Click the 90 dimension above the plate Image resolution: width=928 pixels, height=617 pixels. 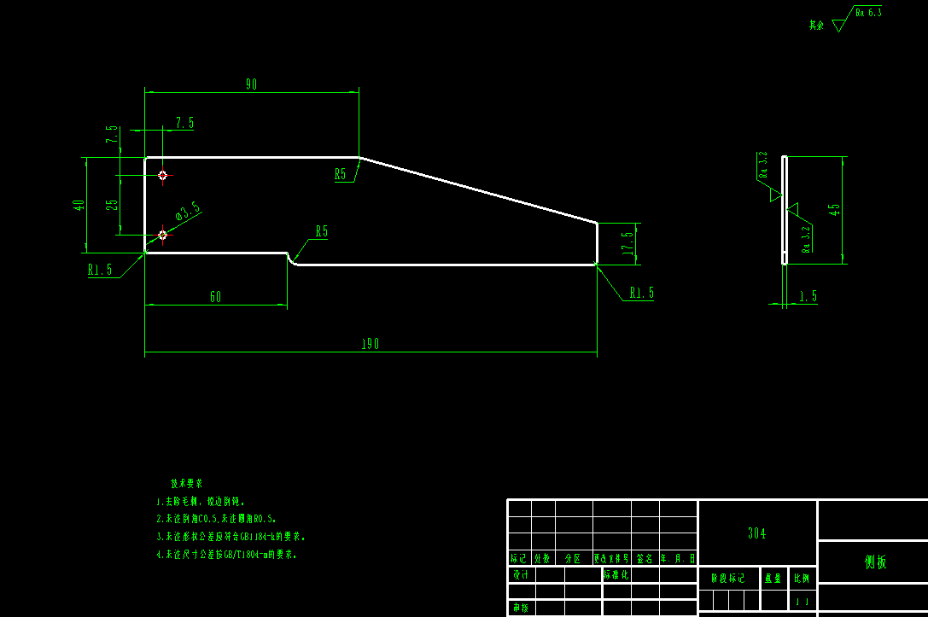pos(251,84)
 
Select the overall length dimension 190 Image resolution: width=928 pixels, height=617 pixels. pos(370,344)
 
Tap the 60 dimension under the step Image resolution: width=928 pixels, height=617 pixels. pos(215,297)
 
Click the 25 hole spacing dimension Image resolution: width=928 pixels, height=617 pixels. pos(112,205)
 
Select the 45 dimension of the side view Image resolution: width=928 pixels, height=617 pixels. pos(835,208)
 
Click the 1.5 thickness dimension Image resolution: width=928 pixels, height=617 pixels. pos(808,296)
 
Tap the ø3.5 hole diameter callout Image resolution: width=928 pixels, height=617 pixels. pos(188,211)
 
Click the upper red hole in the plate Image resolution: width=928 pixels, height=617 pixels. pos(162,175)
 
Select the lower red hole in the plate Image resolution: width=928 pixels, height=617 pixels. pos(162,234)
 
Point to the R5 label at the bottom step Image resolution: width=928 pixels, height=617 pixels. pos(322,231)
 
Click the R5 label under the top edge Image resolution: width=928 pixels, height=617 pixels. pos(341,174)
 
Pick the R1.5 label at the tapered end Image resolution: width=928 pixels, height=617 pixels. pos(641,293)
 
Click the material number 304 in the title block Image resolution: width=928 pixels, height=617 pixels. pos(756,533)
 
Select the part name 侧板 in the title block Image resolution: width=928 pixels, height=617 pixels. pos(875,562)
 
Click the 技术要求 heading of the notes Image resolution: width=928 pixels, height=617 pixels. pos(186,483)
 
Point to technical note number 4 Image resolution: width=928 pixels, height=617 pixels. pos(225,554)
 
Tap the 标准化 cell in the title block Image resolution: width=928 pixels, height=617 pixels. pos(616,574)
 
